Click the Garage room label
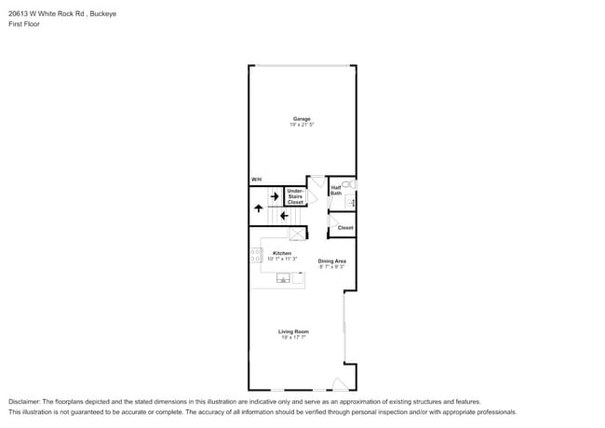pos(302,118)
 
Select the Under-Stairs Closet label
pos(295,196)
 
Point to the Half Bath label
pos(336,190)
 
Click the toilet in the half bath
pos(349,184)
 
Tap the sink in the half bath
pos(352,201)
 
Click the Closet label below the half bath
pos(345,227)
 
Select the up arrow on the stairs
pos(258,209)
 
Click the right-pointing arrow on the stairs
pos(275,196)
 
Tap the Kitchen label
pos(281,253)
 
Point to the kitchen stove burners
pos(254,255)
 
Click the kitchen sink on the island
pos(283,277)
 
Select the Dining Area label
pos(332,261)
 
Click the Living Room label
pos(293,331)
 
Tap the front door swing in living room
pos(341,383)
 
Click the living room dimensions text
pos(293,338)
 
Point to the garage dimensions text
pos(302,125)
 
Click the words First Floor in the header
pos(24,24)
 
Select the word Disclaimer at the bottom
pos(25,401)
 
